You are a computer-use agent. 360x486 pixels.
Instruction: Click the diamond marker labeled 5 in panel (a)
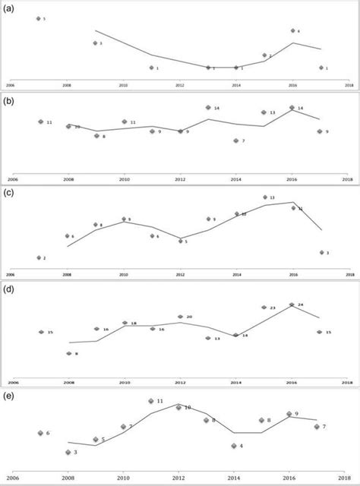(39, 18)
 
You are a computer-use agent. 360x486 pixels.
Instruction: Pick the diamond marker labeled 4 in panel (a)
(292, 30)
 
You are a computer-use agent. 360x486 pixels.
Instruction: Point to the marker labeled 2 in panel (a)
(264, 55)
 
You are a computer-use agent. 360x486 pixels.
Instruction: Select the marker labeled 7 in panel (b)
(236, 140)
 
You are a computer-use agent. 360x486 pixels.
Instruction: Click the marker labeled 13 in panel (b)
(264, 112)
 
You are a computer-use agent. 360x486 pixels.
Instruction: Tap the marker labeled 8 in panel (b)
(96, 136)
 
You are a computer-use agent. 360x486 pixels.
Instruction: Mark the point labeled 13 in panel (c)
(264, 197)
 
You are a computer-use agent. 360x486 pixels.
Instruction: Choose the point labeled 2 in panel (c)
(39, 258)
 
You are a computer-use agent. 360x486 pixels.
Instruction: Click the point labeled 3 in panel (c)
(321, 252)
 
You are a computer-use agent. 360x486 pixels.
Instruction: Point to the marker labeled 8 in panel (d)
(68, 353)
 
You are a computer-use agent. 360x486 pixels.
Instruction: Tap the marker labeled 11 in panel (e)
(151, 400)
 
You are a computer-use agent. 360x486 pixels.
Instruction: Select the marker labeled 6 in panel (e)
(40, 433)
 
